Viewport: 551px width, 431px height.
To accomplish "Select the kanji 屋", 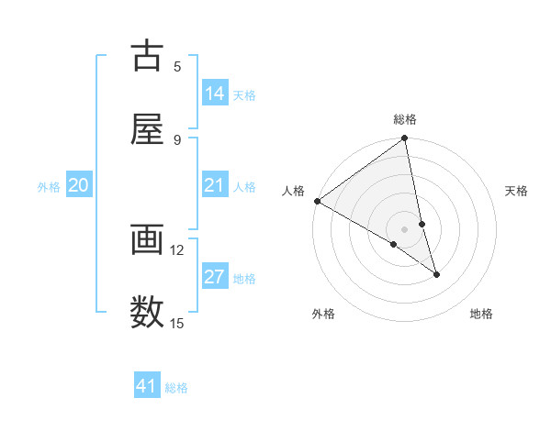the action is (147, 128).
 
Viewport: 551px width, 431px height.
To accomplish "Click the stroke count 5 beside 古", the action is (177, 66).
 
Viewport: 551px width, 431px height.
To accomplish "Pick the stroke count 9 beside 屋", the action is (177, 139).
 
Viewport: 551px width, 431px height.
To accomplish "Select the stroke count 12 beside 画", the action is (177, 249).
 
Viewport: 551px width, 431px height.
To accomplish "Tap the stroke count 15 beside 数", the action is (177, 323).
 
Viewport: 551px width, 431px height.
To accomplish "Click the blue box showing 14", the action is (215, 94).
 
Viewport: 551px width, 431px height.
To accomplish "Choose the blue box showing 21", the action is (215, 186).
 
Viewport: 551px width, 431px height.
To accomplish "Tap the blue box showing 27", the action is (215, 277).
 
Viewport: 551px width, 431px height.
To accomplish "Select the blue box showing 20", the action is (79, 186).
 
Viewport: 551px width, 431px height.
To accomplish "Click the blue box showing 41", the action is (147, 386).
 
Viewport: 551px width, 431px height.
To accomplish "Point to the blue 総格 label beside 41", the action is (176, 388).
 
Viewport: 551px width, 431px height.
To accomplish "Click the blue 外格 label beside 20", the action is (49, 187).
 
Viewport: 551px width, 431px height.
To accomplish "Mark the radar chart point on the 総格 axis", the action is (405, 139).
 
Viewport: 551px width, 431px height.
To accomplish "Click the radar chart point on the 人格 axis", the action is (317, 201).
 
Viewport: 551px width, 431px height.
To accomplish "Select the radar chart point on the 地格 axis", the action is (436, 274).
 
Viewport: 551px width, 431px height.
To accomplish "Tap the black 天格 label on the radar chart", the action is (516, 191).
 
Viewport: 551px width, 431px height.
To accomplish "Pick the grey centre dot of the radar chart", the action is (405, 228).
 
